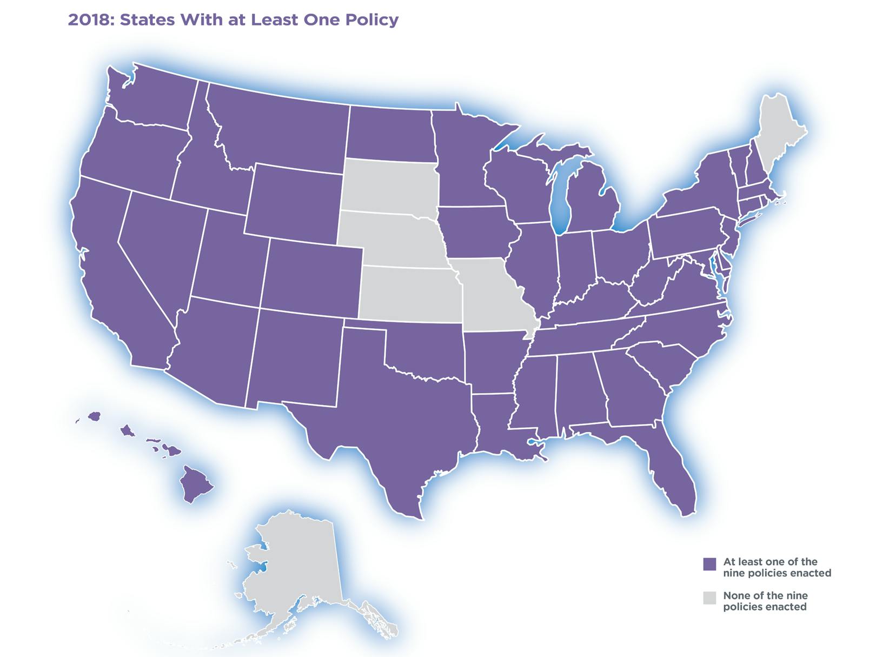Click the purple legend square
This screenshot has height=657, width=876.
(x=709, y=564)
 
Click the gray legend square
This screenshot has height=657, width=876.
(x=709, y=598)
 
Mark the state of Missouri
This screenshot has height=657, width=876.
(x=489, y=295)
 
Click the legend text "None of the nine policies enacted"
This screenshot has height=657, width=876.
(x=765, y=601)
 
